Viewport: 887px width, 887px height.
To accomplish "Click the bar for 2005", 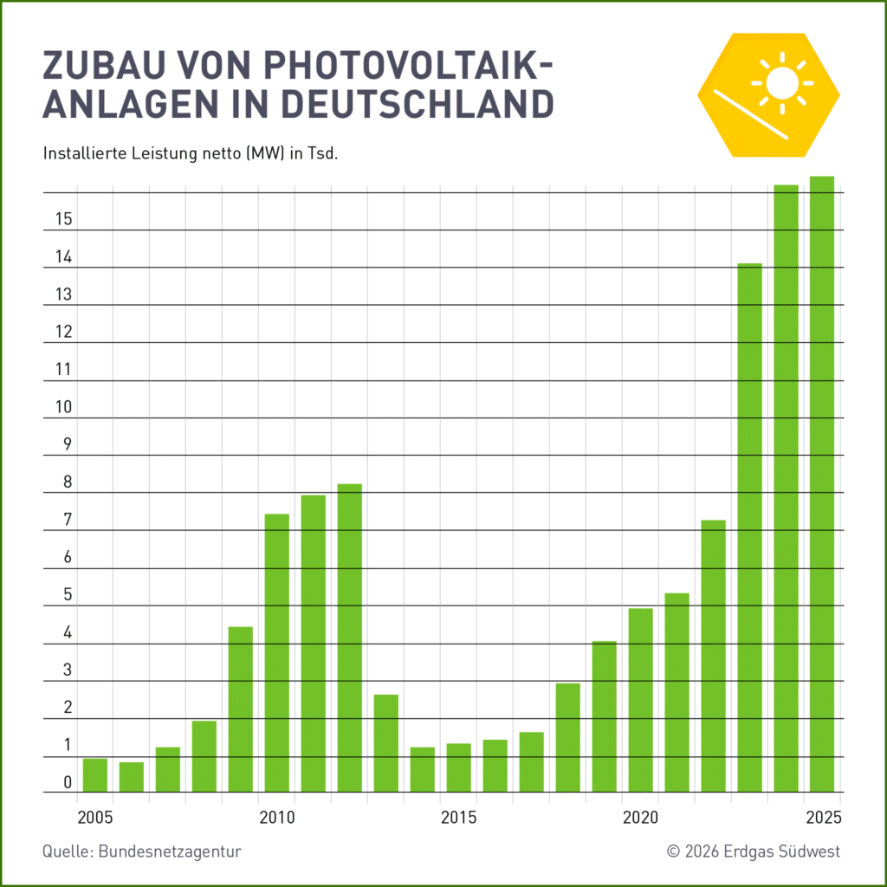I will [x=95, y=775].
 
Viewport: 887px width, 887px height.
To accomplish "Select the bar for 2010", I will [x=277, y=653].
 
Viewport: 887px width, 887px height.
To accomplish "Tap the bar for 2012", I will [x=350, y=638].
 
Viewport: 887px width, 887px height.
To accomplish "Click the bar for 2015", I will [x=459, y=767].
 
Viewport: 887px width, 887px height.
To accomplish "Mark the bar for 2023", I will [x=750, y=528].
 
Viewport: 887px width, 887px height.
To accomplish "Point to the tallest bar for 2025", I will [x=822, y=484].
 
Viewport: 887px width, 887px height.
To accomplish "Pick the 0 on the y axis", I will [x=68, y=783].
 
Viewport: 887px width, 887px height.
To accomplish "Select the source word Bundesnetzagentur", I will [x=170, y=851].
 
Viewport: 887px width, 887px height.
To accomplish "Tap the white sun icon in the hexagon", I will [x=783, y=83].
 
